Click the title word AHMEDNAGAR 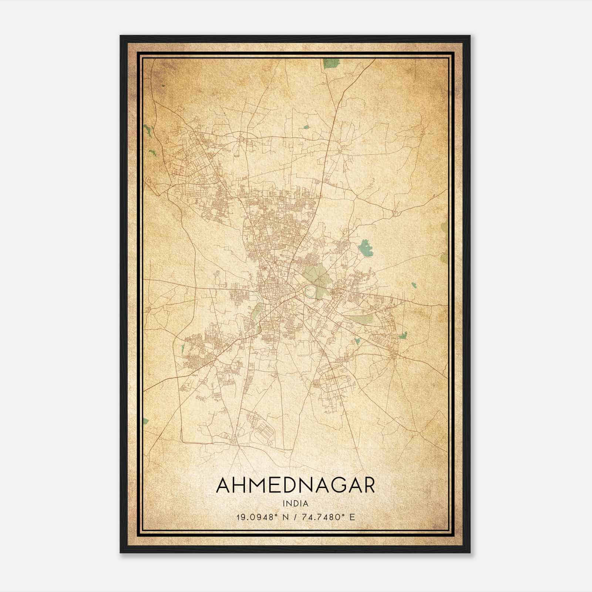pos(295,485)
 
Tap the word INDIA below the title pos(295,504)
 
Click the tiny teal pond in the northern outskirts pos(306,127)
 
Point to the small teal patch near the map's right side pos(414,285)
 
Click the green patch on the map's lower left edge pos(145,421)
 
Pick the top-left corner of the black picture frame pos(121,36)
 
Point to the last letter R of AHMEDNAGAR pos(368,485)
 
